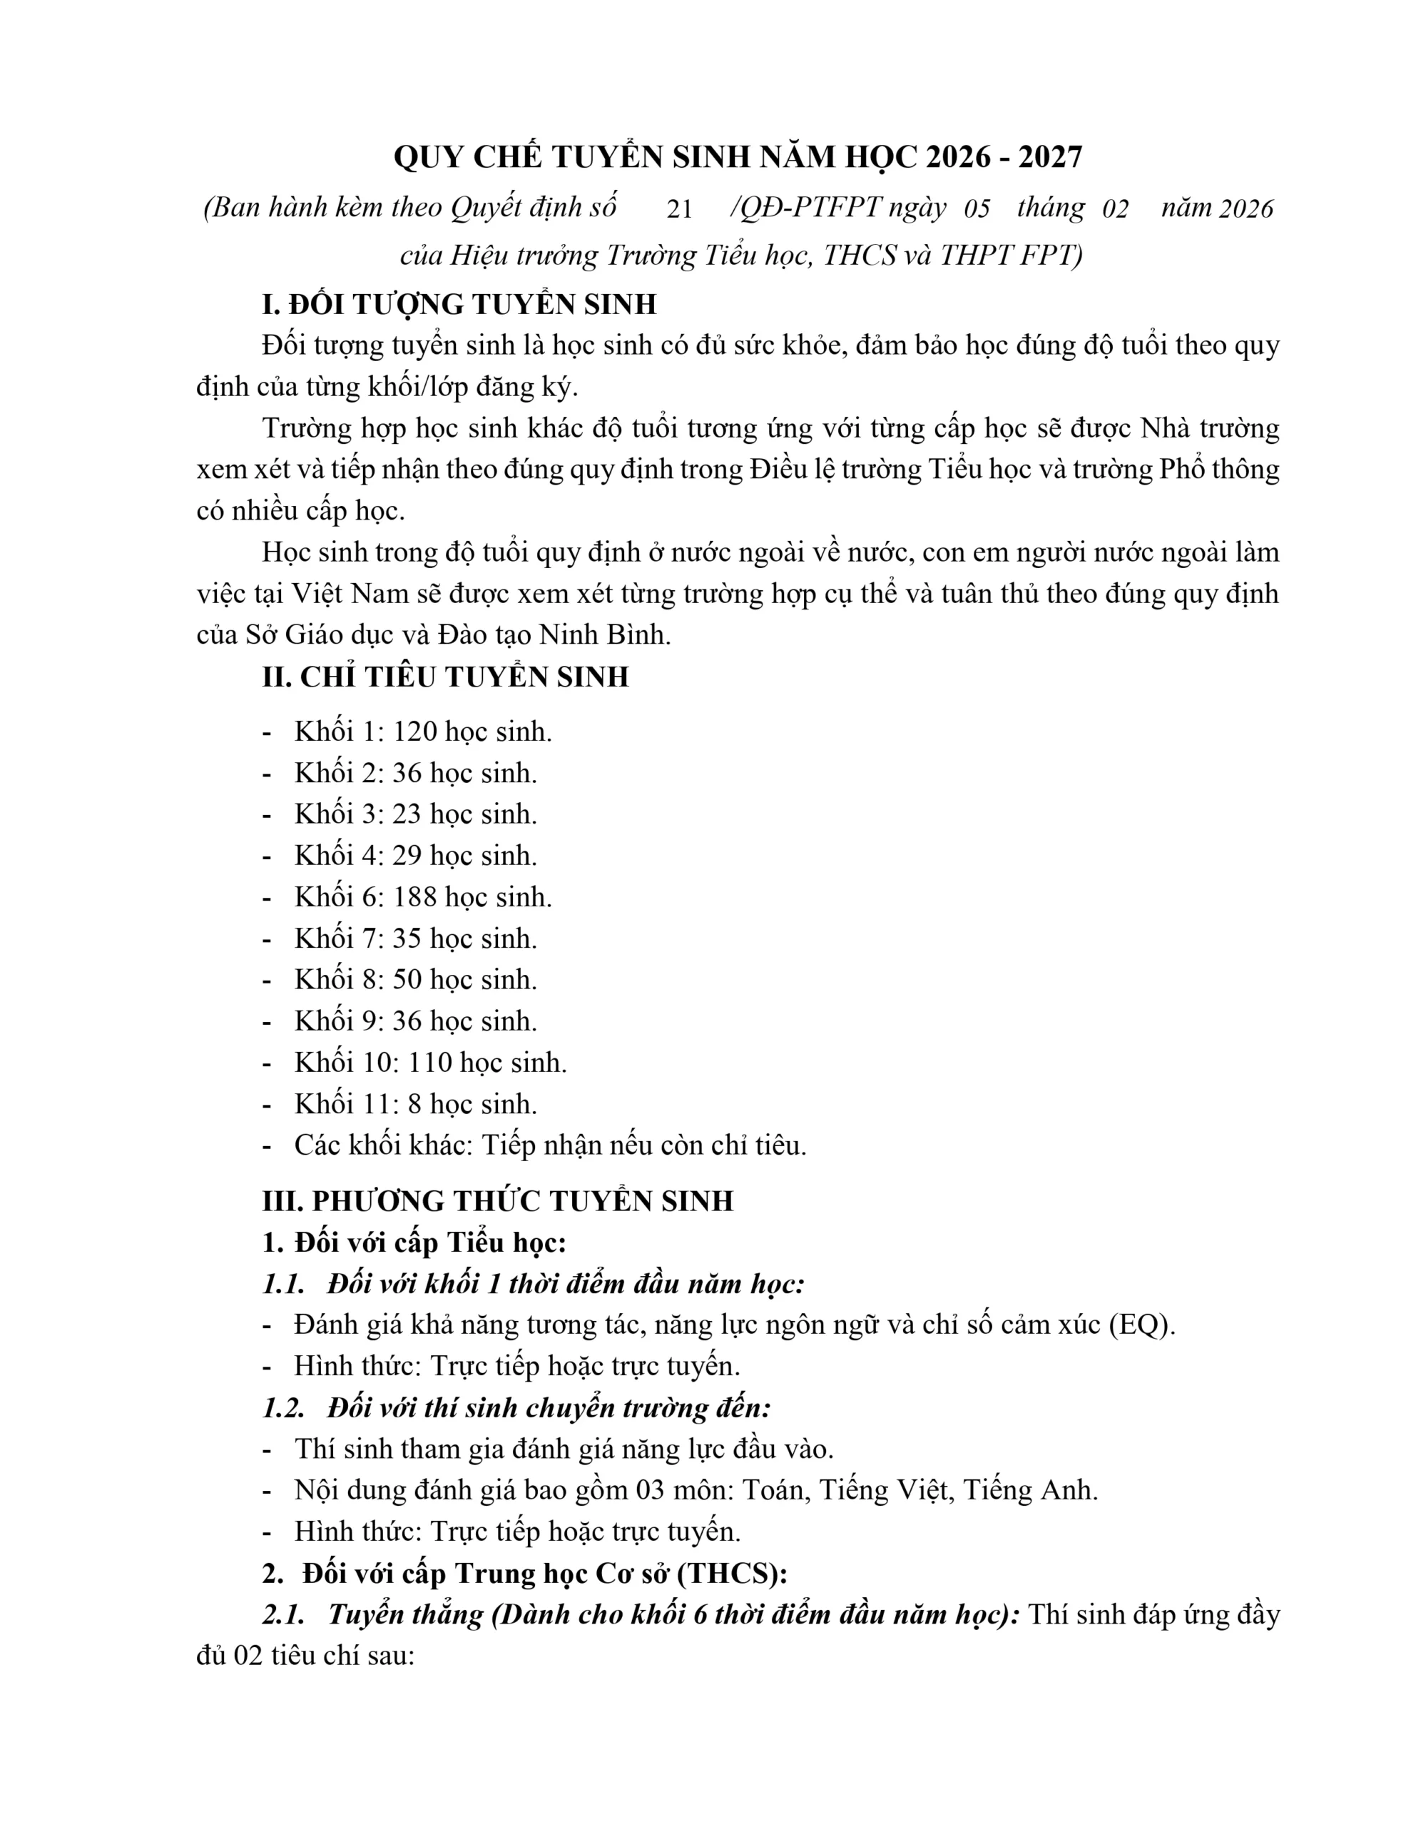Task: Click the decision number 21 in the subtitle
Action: coord(678,208)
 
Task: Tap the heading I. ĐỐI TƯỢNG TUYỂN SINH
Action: coord(459,305)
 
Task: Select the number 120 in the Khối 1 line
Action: coord(415,732)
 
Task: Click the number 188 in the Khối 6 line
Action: coord(415,897)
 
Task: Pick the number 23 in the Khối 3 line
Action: coord(407,814)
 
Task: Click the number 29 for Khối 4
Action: coord(407,856)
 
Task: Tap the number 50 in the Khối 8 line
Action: coord(407,980)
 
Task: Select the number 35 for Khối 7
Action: coord(407,938)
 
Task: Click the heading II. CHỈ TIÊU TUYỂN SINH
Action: coord(445,677)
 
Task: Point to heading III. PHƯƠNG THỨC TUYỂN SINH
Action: coord(498,1201)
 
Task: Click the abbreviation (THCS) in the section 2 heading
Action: coord(731,1574)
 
